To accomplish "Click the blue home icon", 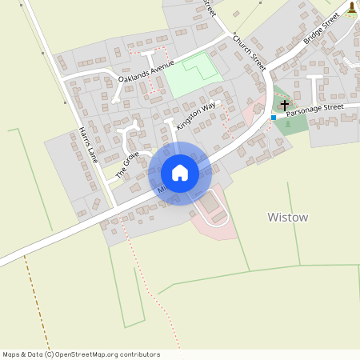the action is (x=180, y=173).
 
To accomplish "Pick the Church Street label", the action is (x=248, y=50).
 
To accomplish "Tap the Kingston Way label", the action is (x=196, y=115).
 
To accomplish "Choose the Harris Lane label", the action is (x=87, y=145).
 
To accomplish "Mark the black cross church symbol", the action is (x=285, y=105).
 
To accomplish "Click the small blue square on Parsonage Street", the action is (x=274, y=118).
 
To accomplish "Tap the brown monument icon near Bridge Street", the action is (x=352, y=8).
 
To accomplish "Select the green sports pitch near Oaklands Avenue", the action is (x=192, y=75).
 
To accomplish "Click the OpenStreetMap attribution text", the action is (x=81, y=354).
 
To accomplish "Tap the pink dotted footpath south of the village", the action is (x=160, y=296).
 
